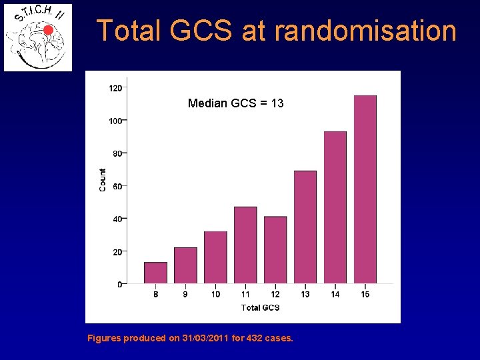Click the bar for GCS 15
click(x=365, y=190)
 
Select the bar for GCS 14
click(x=335, y=207)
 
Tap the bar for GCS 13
click(x=305, y=227)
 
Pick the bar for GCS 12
click(x=275, y=250)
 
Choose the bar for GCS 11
click(x=245, y=245)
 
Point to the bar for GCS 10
click(x=215, y=258)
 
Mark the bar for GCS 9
click(x=185, y=266)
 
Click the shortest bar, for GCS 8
click(x=155, y=273)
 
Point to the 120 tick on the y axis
click(x=115, y=88)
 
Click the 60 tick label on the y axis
click(x=117, y=186)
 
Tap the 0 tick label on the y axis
click(x=119, y=285)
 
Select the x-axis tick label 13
click(x=305, y=294)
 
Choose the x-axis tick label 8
click(x=155, y=294)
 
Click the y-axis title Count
click(x=103, y=180)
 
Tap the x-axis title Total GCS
click(x=260, y=307)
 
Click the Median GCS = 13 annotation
click(x=236, y=103)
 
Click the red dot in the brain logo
click(x=48, y=30)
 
